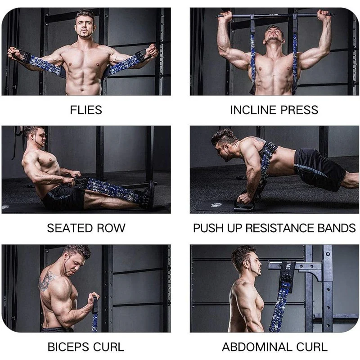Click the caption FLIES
click(86, 110)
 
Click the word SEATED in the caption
click(70, 228)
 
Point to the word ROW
click(111, 228)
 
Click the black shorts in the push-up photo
click(319, 167)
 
